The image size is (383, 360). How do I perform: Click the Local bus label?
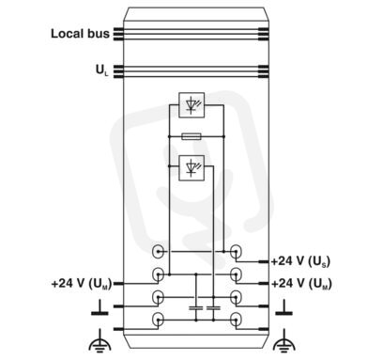pyautogui.click(x=80, y=34)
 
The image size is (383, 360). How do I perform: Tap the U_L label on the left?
pyautogui.click(x=101, y=70)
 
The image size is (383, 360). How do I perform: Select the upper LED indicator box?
pyautogui.click(x=191, y=105)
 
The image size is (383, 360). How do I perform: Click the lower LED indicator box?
pyautogui.click(x=191, y=168)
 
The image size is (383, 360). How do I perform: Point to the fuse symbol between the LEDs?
pyautogui.click(x=191, y=136)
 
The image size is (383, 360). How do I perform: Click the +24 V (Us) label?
pyautogui.click(x=300, y=261)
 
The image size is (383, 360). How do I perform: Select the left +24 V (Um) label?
pyautogui.click(x=82, y=284)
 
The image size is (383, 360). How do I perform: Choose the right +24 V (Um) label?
pyautogui.click(x=301, y=284)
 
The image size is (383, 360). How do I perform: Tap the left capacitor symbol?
pyautogui.click(x=196, y=308)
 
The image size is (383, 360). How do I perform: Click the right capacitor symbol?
pyautogui.click(x=213, y=308)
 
